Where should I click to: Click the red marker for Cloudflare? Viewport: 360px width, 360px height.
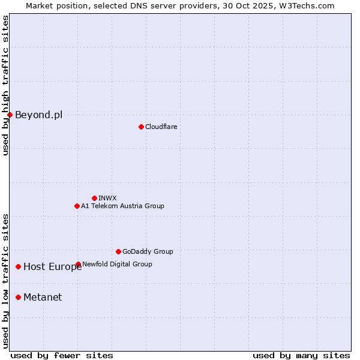point(141,127)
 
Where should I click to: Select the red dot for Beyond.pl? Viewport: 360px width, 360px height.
point(10,115)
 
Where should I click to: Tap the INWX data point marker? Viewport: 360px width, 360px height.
point(94,198)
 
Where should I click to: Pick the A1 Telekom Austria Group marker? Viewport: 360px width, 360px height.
point(77,206)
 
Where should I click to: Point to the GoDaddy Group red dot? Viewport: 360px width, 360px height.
point(118,251)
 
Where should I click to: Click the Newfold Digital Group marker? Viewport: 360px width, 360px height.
point(78,264)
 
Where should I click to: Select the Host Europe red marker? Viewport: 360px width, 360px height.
point(19,266)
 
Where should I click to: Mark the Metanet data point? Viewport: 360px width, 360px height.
point(19,297)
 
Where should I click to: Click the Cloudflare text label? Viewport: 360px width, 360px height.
point(161,127)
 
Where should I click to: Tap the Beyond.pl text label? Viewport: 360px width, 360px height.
point(38,115)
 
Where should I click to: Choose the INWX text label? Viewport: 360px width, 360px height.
point(107,198)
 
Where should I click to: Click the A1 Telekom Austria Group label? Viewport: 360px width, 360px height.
point(122,206)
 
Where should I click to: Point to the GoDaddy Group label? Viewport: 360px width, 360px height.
point(148,251)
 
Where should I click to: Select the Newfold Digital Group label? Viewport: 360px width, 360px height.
point(117,264)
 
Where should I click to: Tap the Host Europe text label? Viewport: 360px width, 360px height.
point(52,267)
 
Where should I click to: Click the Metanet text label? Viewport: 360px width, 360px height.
point(43,297)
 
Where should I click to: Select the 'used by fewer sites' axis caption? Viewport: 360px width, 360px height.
point(62,355)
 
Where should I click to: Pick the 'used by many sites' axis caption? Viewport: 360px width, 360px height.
point(301,355)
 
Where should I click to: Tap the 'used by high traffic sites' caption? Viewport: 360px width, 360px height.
point(5,86)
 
